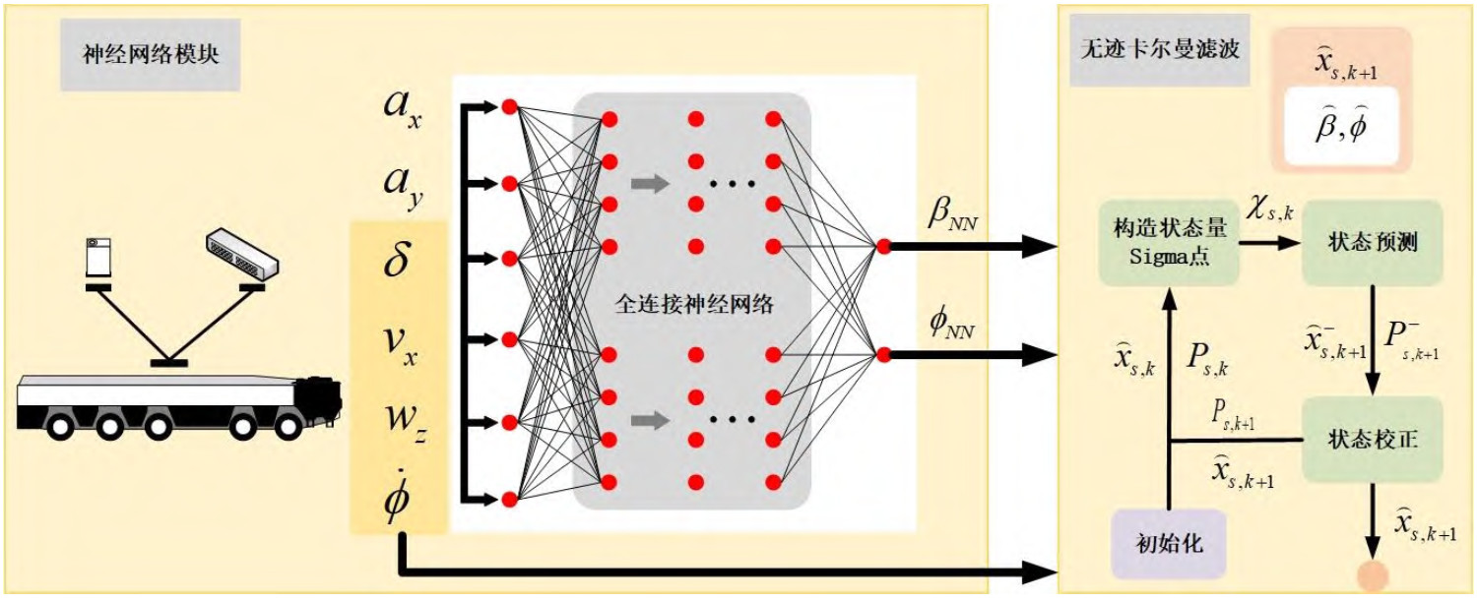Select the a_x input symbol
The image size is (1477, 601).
[400, 107]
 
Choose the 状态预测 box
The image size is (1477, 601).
[1372, 243]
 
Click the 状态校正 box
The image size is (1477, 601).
[1372, 439]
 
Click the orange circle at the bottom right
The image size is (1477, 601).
[1372, 577]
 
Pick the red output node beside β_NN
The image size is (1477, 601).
[883, 246]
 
